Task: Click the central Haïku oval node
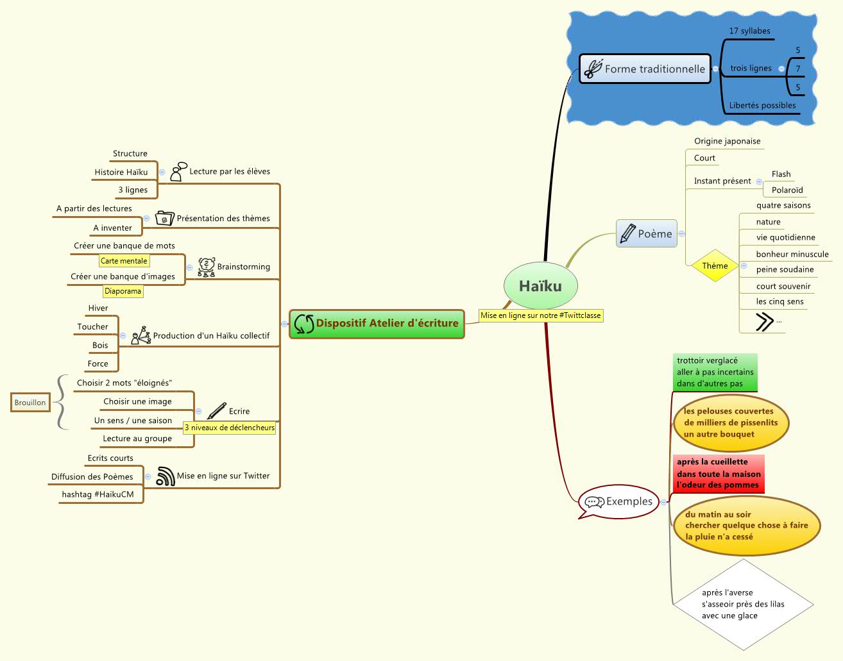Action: point(540,286)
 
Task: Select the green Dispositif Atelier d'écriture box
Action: point(377,323)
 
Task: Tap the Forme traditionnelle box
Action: point(645,69)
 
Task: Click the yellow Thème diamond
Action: point(715,265)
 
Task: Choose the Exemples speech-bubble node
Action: point(619,501)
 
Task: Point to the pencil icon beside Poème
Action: point(627,234)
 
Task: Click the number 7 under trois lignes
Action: point(798,69)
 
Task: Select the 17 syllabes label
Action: point(749,31)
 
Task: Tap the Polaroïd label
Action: point(787,190)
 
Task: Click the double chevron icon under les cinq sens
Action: point(763,321)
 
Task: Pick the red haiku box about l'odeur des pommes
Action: point(719,473)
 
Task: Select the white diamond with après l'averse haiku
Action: point(743,604)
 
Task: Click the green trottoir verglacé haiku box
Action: point(715,372)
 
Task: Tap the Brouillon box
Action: point(30,403)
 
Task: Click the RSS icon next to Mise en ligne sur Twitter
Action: point(166,476)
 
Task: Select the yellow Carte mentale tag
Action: point(124,261)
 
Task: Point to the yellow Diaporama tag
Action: point(123,291)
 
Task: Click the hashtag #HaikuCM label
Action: point(98,494)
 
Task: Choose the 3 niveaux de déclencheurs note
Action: point(229,428)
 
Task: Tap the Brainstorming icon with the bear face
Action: point(206,267)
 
